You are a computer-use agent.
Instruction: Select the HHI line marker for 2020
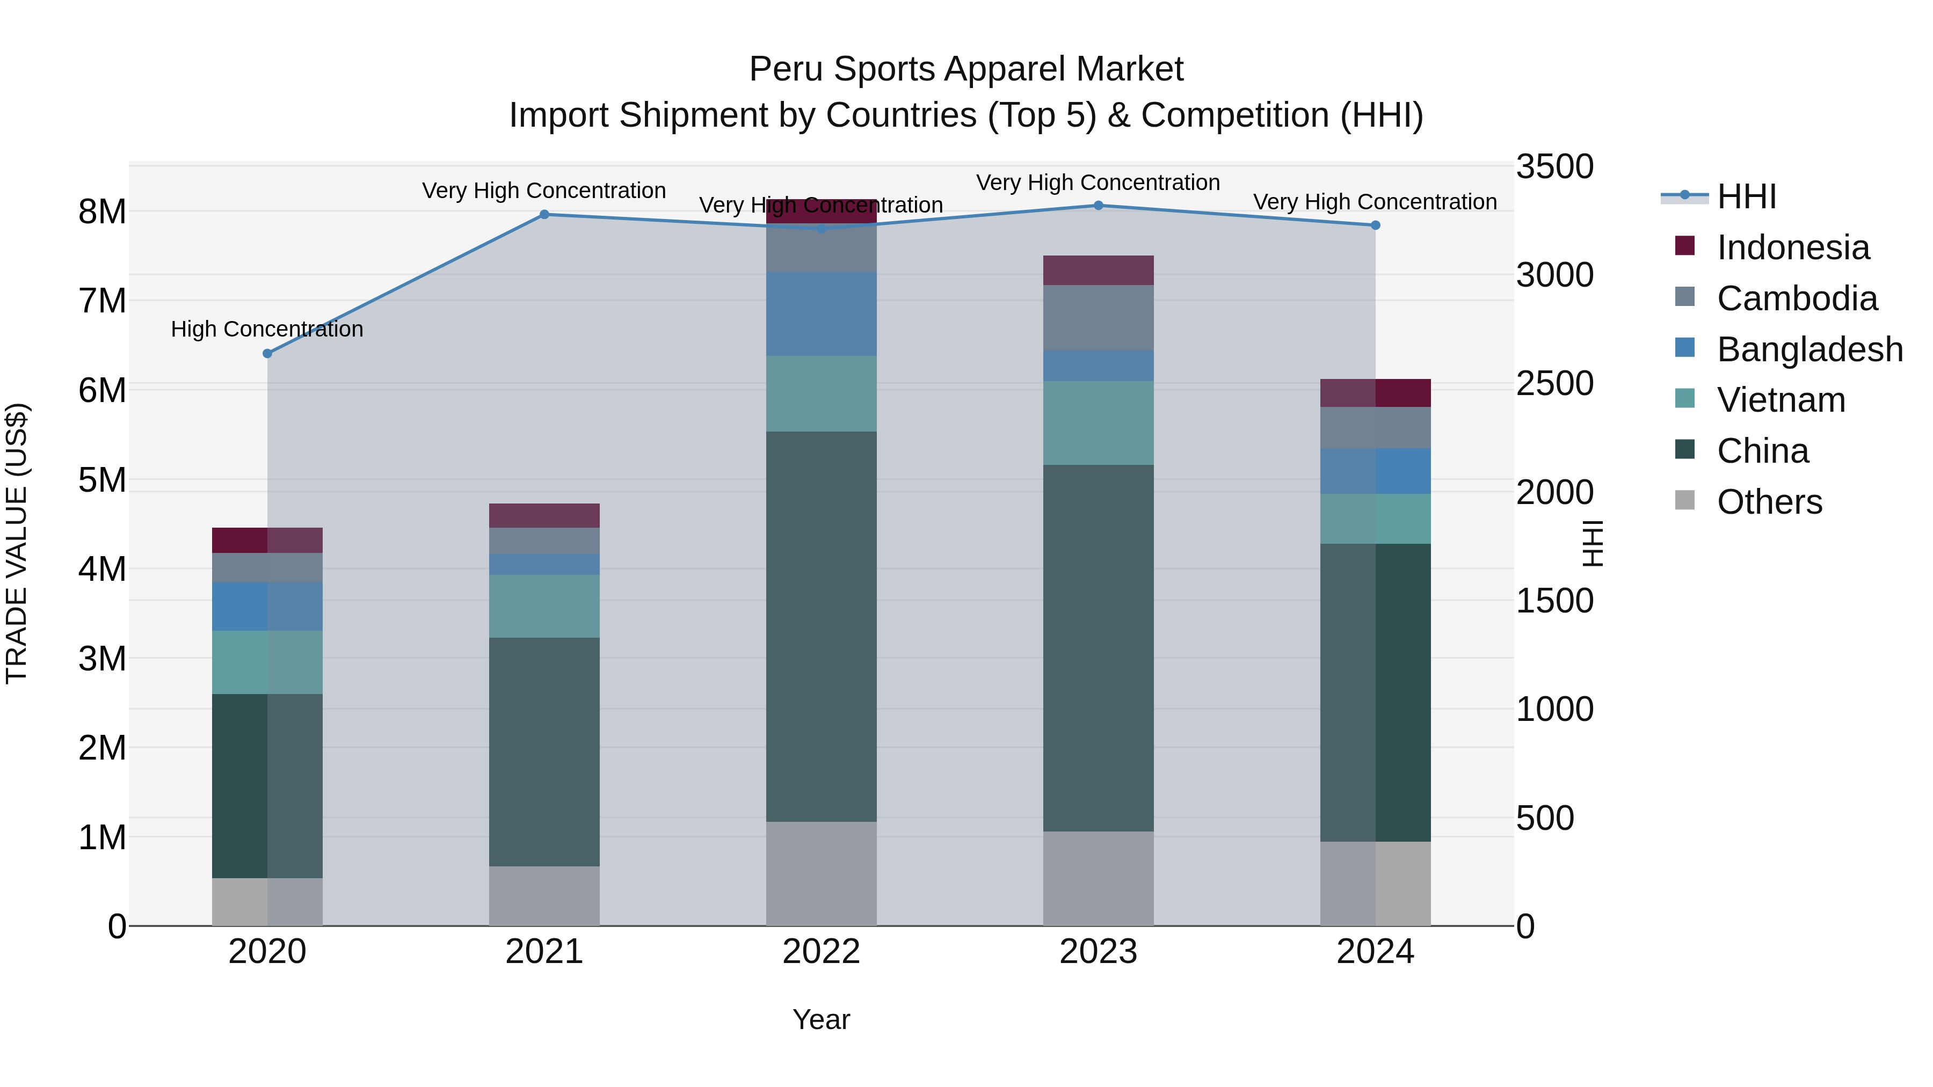coord(267,353)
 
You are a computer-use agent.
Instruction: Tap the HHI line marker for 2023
coord(1098,206)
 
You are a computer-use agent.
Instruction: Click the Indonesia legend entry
coord(1793,247)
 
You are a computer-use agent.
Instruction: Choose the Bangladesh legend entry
coord(1809,349)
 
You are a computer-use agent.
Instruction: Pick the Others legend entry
coord(1769,502)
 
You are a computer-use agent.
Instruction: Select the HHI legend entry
coord(1746,196)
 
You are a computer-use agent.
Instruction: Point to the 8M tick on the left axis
coord(102,212)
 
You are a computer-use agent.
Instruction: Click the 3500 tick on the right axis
coord(1554,166)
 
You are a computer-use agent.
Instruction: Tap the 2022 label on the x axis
coord(821,952)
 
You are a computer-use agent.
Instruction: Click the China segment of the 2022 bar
coord(821,626)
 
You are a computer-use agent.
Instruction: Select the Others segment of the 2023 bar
coord(1098,878)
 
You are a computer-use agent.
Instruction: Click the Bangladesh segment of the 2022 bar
coord(821,313)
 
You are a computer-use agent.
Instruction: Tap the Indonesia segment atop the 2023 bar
coord(1098,270)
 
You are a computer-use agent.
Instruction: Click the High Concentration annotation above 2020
coord(267,330)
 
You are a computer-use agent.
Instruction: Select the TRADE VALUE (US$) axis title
coord(17,543)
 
